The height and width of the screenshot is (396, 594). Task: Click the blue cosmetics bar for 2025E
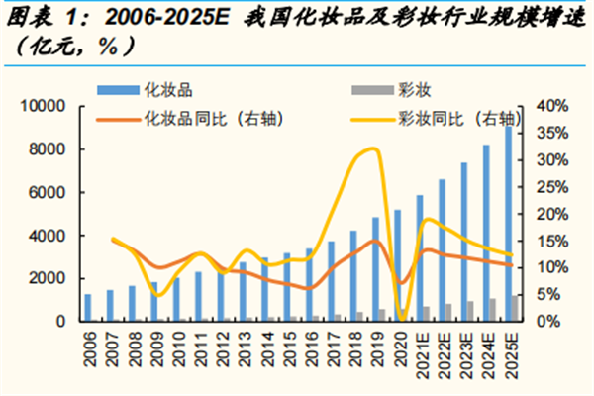pos(509,224)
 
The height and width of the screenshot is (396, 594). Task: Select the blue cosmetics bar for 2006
pos(88,308)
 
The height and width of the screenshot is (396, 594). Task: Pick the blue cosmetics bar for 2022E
pos(442,249)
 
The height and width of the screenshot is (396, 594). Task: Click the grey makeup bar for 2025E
pos(515,309)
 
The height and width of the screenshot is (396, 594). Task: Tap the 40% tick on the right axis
pos(552,106)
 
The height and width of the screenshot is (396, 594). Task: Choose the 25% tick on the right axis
pos(552,187)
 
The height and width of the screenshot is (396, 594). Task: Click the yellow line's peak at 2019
pos(373,148)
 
